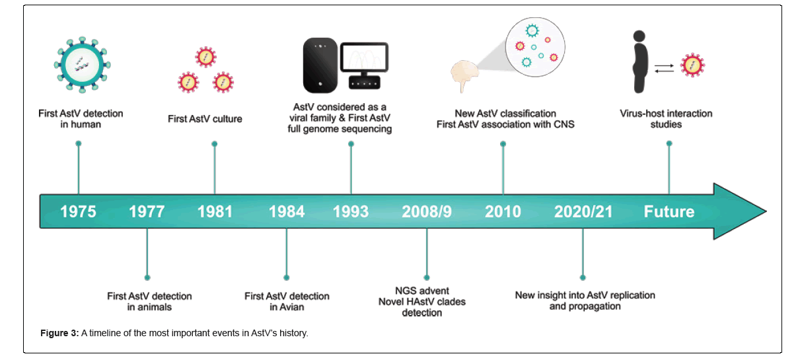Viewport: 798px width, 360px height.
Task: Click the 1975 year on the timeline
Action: click(x=79, y=211)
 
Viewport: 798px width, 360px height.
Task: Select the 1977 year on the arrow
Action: click(x=147, y=211)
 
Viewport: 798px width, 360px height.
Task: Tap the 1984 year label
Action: click(x=287, y=211)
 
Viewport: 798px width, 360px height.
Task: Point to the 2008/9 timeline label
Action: click(x=427, y=211)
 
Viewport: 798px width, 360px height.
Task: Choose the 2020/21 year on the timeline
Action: click(x=583, y=211)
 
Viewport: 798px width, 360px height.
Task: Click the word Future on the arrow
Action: click(x=669, y=211)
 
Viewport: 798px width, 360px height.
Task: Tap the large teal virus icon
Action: click(x=83, y=65)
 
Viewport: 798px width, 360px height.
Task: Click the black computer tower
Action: click(x=320, y=65)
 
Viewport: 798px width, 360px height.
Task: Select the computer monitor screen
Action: click(x=364, y=57)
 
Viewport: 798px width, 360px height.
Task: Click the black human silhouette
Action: click(x=640, y=61)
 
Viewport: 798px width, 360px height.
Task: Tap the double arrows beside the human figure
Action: click(x=664, y=69)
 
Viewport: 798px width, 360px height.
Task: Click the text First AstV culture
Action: click(x=205, y=119)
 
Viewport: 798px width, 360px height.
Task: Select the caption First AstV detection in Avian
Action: click(x=287, y=302)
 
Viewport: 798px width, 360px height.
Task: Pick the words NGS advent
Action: click(x=422, y=291)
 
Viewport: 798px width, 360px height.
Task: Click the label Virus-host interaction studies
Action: click(x=666, y=119)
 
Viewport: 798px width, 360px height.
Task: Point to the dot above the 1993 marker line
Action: click(x=351, y=144)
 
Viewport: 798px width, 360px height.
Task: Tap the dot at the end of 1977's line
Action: click(x=147, y=277)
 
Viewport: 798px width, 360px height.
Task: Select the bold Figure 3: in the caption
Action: click(x=59, y=333)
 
